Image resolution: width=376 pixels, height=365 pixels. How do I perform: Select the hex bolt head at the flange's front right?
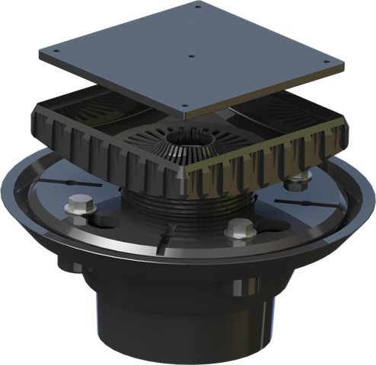click(237, 227)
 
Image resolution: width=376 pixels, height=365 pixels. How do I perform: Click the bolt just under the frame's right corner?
click(295, 182)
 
